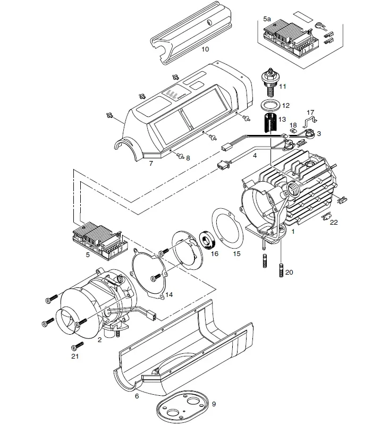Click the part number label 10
tap(205, 49)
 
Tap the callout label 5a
tap(267, 19)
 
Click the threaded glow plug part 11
tap(270, 82)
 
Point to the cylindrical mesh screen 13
tap(271, 123)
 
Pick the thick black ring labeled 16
tap(207, 241)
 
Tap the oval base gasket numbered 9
tap(182, 406)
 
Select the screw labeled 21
tap(77, 346)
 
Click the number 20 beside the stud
tap(289, 272)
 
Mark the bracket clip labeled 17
tap(310, 121)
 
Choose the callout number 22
tap(334, 222)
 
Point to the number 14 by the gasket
tap(169, 295)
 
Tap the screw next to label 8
tap(180, 156)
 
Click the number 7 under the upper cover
tap(151, 163)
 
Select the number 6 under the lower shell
tap(137, 396)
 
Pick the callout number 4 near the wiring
tap(255, 156)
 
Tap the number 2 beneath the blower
tap(99, 340)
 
